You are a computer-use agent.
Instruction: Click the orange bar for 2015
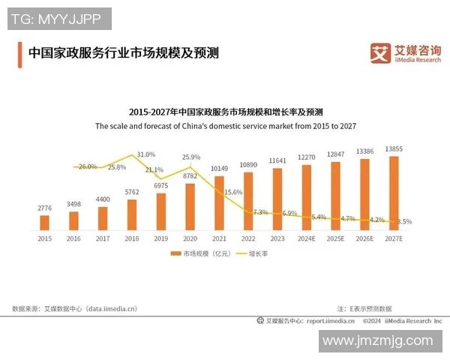pos(44,222)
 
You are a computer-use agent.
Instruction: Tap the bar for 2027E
pos(394,192)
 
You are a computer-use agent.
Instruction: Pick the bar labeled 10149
pos(219,201)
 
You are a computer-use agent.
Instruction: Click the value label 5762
pos(132,192)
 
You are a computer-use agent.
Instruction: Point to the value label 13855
pos(394,149)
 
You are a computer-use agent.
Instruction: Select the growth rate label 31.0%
pos(146,154)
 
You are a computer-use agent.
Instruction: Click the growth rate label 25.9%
pos(191,157)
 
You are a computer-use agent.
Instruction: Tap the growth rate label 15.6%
pos(233,192)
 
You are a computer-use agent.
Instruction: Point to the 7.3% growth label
pos(260,212)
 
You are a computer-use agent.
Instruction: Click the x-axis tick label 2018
pos(132,238)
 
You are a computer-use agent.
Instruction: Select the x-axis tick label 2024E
pos(307,238)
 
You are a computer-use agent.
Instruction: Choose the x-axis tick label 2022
pos(248,238)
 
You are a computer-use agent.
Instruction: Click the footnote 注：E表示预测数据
pos(364,308)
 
